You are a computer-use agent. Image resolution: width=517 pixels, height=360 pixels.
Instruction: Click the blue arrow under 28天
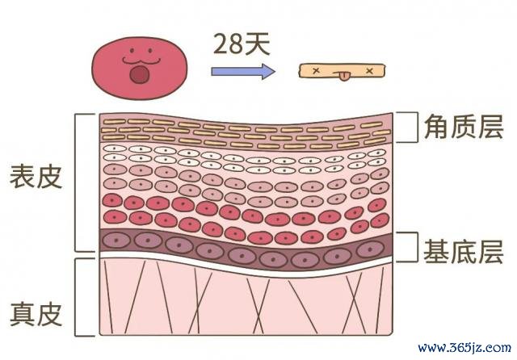point(243,71)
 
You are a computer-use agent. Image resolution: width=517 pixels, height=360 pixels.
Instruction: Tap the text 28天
point(242,44)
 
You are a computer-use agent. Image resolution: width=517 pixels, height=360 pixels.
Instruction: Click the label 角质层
point(464,128)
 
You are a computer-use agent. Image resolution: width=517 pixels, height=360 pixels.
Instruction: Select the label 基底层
point(463,252)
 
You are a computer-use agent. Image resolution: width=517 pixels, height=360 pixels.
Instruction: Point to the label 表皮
point(36,177)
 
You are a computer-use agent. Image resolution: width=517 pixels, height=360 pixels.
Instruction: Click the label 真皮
point(36,315)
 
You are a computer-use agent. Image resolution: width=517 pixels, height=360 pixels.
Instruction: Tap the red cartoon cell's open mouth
point(140,74)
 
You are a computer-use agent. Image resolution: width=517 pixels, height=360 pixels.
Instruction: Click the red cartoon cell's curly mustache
point(141,61)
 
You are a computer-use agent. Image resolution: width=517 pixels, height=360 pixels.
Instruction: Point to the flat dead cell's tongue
point(343,77)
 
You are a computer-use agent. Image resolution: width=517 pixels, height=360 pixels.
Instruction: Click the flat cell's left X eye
point(316,70)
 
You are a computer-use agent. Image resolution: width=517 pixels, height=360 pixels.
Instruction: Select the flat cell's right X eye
point(370,70)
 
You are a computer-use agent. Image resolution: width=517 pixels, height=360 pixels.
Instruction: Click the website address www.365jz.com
point(464,347)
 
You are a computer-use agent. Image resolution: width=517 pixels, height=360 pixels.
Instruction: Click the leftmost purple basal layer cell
point(116,241)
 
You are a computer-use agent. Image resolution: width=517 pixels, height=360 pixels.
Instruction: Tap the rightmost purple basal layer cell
point(370,249)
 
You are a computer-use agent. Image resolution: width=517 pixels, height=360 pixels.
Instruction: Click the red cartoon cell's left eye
point(132,51)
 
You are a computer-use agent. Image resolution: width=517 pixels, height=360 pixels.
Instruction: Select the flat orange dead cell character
point(342,72)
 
